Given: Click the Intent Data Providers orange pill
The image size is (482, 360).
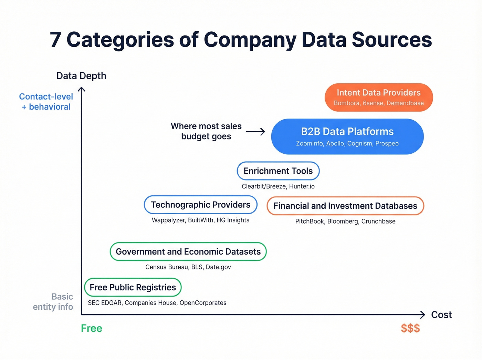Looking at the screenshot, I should [379, 97].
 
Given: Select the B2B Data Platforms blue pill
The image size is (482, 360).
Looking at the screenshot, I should [347, 136].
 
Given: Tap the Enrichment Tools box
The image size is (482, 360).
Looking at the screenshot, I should [278, 171].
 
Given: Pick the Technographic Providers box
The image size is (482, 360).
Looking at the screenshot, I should [201, 205].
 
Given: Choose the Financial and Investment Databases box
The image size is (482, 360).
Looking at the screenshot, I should [345, 206].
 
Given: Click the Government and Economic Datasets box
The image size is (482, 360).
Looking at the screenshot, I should [188, 251].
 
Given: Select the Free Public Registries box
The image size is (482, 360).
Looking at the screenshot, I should [133, 287].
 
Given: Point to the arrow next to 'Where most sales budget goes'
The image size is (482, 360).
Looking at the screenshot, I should [255, 132].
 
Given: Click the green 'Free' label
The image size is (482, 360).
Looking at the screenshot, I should [92, 328].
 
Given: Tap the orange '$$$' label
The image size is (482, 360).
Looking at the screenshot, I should [410, 328].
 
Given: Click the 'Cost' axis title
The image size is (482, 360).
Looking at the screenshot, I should [441, 315].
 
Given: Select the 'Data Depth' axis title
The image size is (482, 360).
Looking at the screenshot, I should [81, 76].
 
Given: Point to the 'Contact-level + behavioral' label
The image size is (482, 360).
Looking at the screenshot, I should [46, 102].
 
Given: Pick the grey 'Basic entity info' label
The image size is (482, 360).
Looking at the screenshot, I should [53, 302].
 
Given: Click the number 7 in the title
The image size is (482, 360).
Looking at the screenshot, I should [56, 40].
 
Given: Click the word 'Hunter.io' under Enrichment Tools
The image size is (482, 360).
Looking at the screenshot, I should [302, 186].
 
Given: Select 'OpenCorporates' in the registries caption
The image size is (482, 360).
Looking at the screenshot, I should [203, 303].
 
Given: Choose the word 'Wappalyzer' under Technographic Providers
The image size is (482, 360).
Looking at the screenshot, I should [168, 220].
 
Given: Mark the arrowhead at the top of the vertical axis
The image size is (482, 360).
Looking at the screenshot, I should [81, 89].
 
